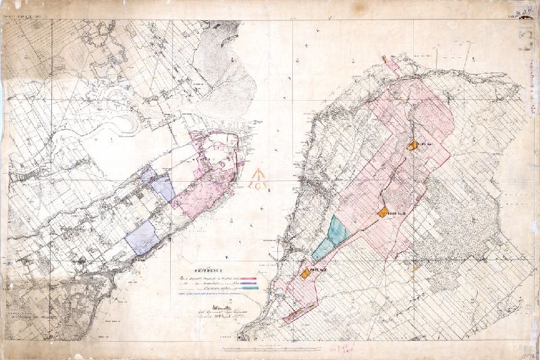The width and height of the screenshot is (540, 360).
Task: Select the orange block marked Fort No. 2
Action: click(x=383, y=212)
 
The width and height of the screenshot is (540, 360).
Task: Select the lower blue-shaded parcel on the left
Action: click(x=142, y=237)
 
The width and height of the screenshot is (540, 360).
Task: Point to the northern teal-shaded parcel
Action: click(x=337, y=230)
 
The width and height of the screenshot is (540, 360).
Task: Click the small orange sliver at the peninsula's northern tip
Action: click(x=385, y=59)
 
